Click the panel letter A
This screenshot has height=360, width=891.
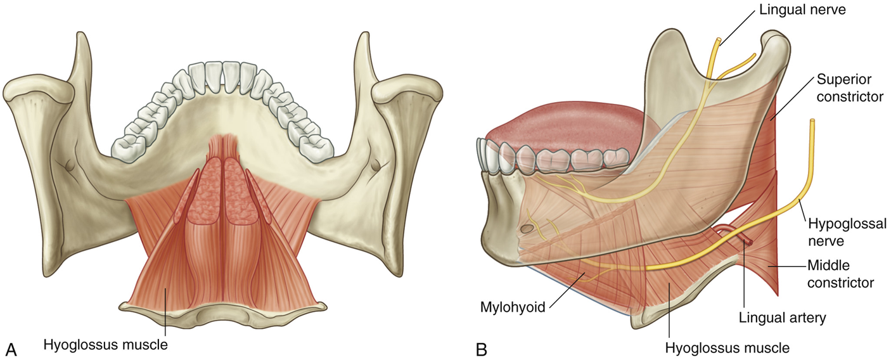pyautogui.click(x=11, y=348)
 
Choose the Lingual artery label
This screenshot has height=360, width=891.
pyautogui.click(x=782, y=318)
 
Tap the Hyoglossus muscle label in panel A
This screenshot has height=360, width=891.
pyautogui.click(x=105, y=345)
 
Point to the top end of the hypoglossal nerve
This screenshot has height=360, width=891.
pyautogui.click(x=812, y=120)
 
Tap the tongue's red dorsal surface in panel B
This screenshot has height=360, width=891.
pyautogui.click(x=570, y=127)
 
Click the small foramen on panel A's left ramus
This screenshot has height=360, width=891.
pyautogui.click(x=69, y=166)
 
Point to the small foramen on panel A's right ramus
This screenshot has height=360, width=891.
pyautogui.click(x=378, y=166)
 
